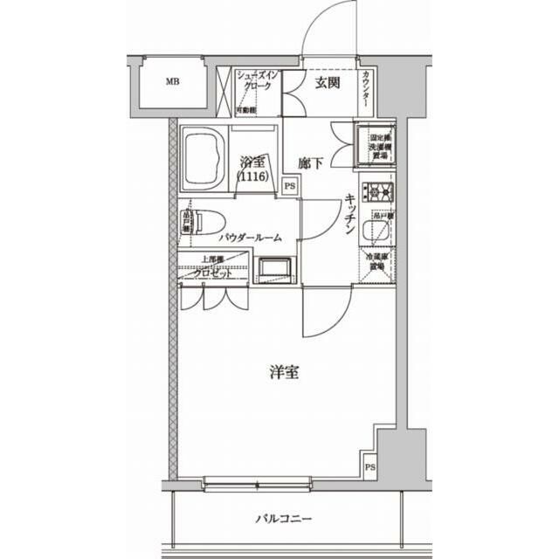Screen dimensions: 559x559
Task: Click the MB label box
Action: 172,84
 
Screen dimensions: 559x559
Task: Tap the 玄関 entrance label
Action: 328,84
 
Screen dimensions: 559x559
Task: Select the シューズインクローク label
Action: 258,81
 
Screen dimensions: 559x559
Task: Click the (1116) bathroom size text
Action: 252,176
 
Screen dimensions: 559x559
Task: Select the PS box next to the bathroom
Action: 290,185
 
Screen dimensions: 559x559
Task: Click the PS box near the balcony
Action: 370,467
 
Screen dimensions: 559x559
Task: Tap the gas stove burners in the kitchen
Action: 381,191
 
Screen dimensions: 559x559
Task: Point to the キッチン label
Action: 348,216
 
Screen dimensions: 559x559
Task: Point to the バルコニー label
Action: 283,519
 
